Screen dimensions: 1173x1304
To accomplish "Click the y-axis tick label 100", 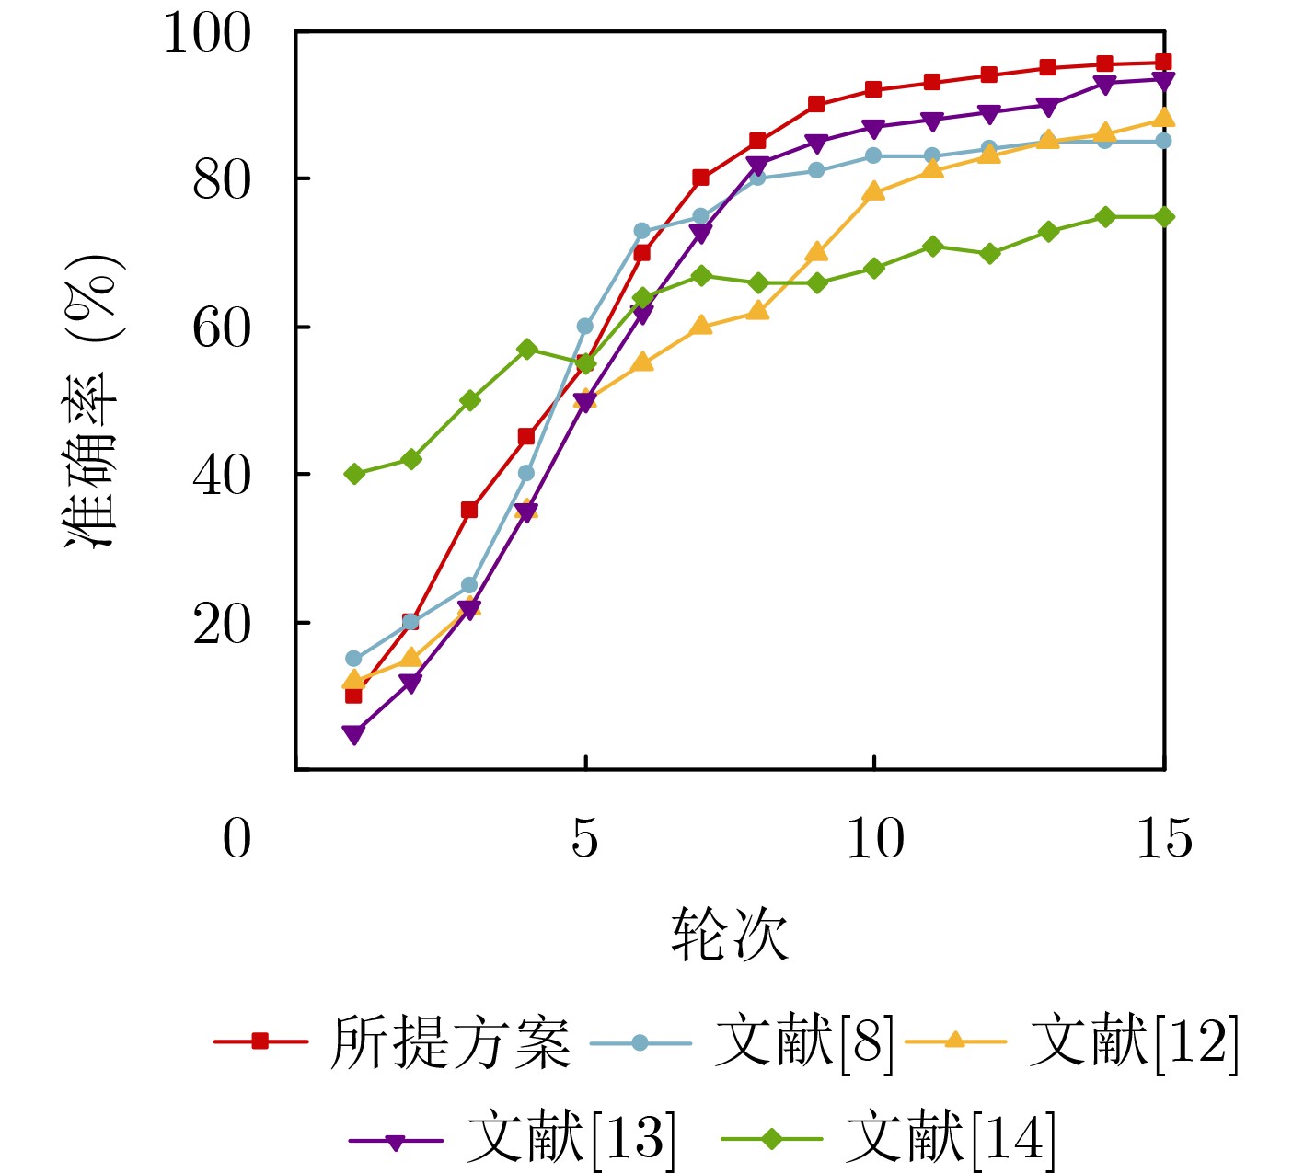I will click(206, 34).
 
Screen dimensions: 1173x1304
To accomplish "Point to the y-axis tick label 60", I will click(221, 328).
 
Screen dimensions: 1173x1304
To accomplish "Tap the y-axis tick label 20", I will click(221, 625).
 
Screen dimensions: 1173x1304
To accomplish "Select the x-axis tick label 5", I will click(585, 838).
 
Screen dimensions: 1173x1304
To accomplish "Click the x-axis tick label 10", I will click(874, 838).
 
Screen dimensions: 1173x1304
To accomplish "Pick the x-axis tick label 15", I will click(1164, 838).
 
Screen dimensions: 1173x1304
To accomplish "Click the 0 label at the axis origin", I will click(237, 838).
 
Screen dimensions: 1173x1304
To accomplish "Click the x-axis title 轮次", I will click(729, 935).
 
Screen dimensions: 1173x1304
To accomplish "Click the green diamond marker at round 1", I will click(353, 474).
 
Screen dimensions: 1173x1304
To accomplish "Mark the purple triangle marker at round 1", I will click(353, 734).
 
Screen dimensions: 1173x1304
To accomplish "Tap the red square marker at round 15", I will click(1163, 63).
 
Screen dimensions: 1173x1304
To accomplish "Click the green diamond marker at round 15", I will click(1163, 217).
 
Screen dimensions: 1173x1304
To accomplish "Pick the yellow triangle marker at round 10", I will click(874, 191).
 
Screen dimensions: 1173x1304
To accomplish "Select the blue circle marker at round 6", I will click(642, 231).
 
